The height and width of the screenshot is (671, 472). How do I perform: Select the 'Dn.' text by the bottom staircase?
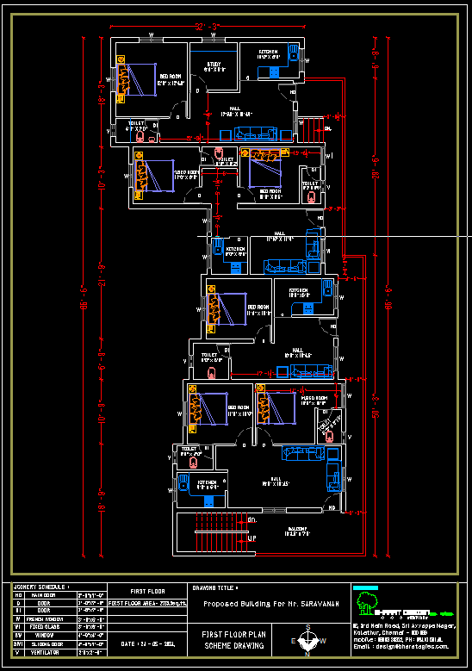click(252, 521)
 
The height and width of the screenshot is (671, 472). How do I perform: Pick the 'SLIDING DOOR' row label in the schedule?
click(44, 643)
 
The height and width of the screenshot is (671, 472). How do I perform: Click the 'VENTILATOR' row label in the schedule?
click(42, 652)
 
